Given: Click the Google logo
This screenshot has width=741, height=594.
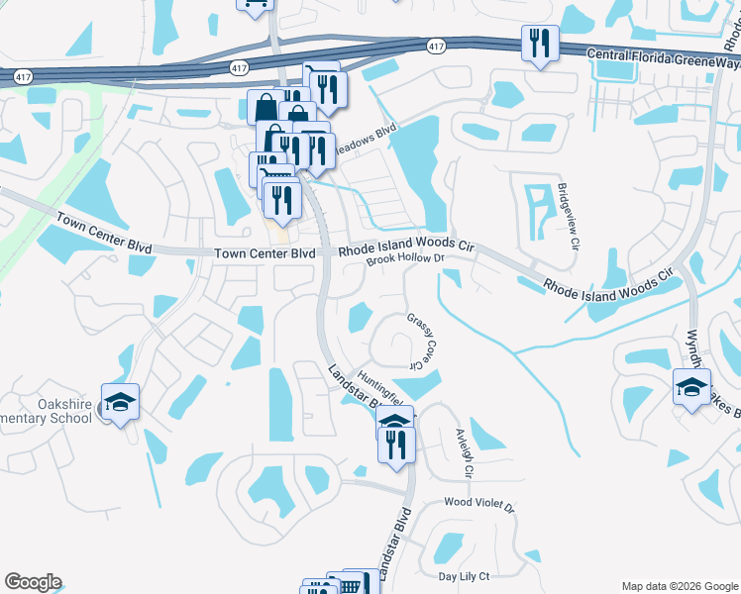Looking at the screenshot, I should tap(33, 582).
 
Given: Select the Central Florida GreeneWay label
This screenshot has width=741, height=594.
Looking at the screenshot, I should tap(663, 56).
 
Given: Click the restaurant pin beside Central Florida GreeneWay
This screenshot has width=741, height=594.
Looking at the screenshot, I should tap(540, 44).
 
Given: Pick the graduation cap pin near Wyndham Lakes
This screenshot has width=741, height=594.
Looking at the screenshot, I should tap(691, 387).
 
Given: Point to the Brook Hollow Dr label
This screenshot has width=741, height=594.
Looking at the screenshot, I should tap(402, 259).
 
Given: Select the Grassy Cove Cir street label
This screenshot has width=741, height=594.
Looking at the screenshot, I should tap(422, 340).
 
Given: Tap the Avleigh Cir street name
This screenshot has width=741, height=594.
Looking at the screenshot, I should tap(465, 452).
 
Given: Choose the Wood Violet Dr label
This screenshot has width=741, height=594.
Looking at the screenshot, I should tap(479, 505).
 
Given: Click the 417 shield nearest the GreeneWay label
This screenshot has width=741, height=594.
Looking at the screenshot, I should tap(437, 47).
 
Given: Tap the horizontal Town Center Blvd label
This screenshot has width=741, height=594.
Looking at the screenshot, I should tap(265, 253).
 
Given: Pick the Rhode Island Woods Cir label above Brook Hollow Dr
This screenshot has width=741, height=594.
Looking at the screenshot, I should tap(407, 245).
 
